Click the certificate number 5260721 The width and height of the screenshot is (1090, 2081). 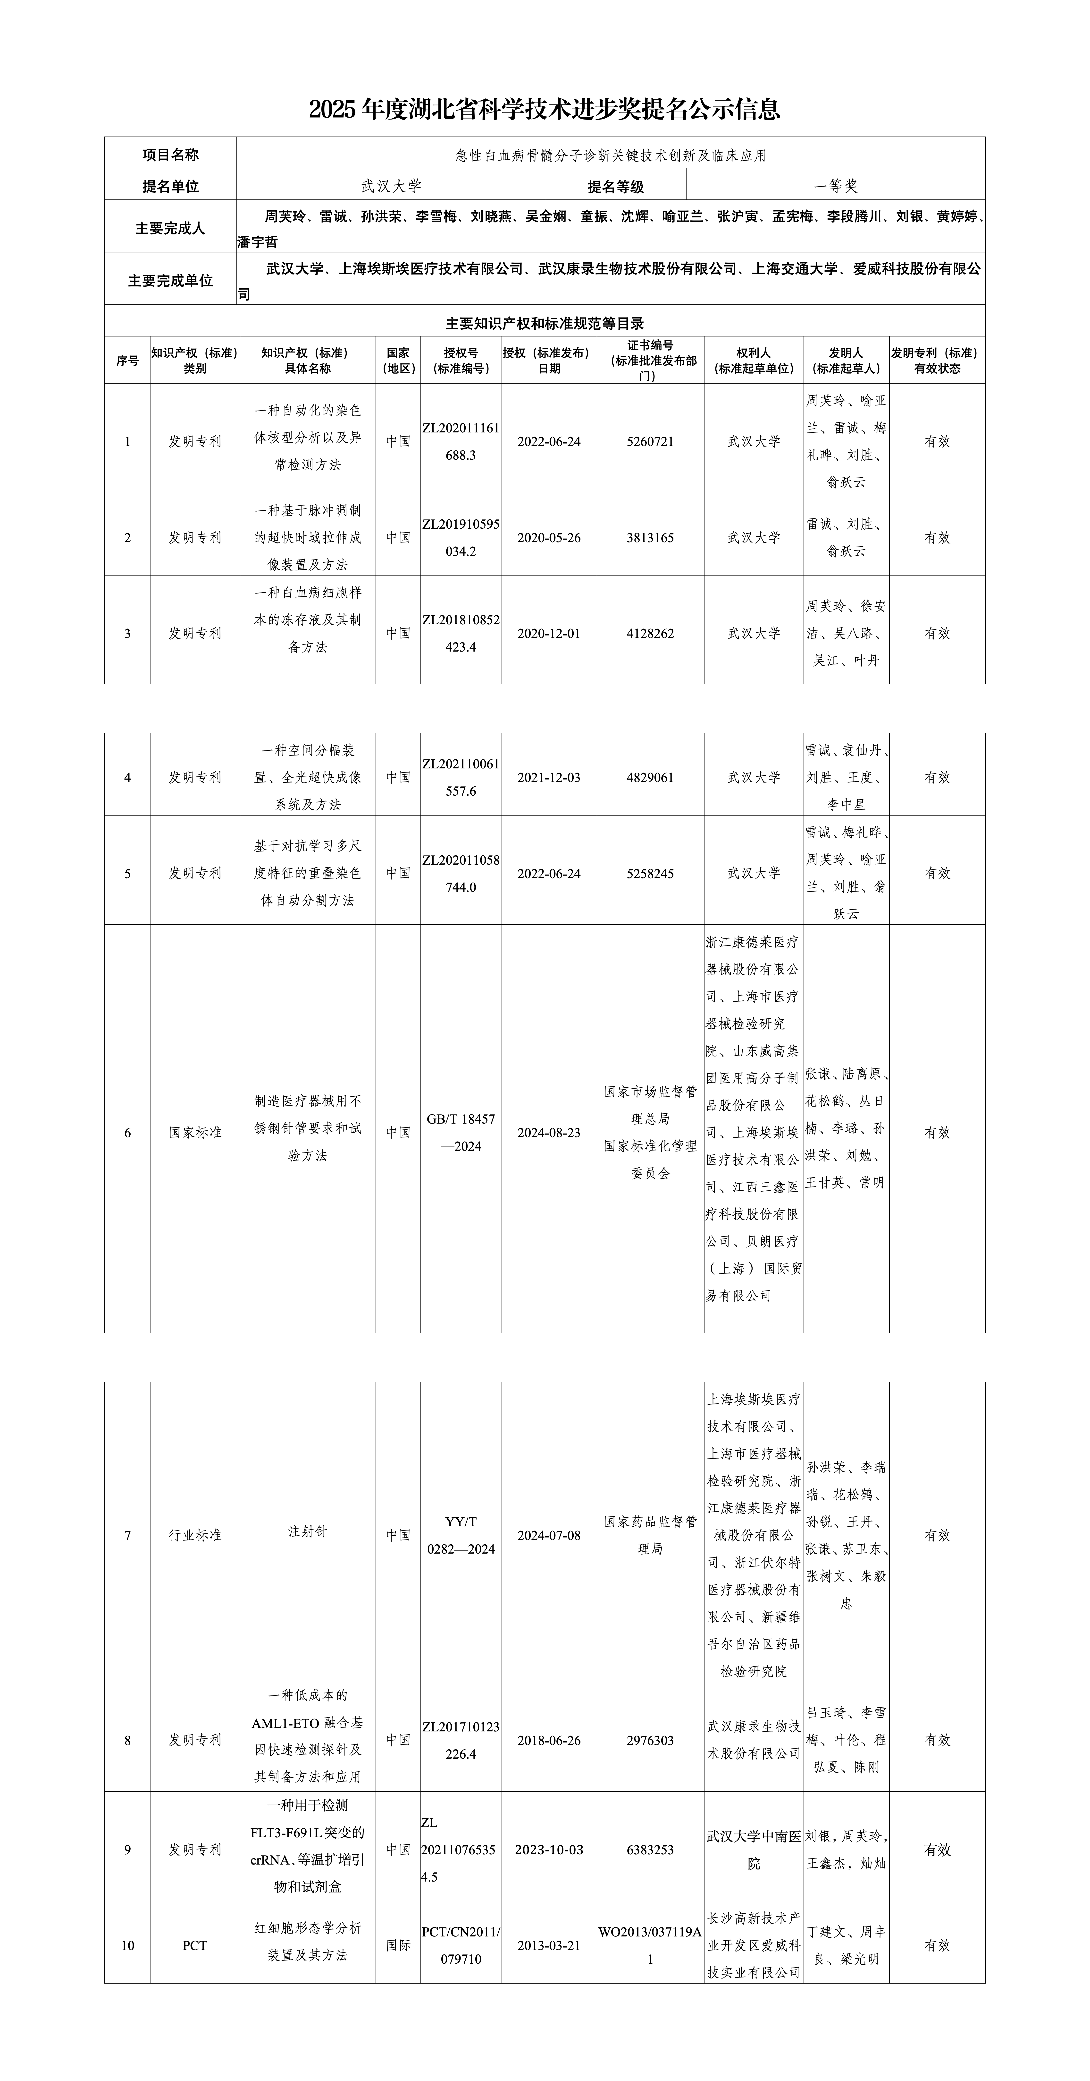(650, 441)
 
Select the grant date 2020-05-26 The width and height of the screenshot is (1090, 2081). (549, 537)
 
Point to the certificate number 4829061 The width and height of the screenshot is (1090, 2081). (650, 777)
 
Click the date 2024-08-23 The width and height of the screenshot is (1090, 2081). (549, 1133)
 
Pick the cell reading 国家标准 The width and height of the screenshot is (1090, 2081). (195, 1133)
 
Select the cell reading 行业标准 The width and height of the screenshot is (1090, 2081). (195, 1535)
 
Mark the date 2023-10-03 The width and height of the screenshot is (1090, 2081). (549, 1849)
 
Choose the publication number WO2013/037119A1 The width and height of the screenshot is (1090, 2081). (650, 1945)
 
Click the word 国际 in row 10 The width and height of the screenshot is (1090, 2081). (398, 1945)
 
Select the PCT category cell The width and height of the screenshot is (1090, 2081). (195, 1945)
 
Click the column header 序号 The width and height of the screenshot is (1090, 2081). (127, 360)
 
